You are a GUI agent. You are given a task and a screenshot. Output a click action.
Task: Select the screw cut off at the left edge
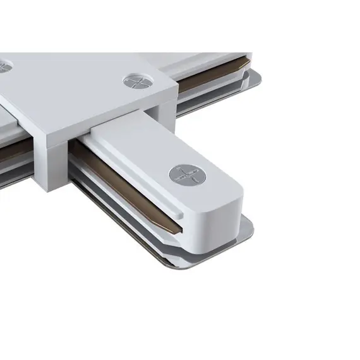[4, 65]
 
